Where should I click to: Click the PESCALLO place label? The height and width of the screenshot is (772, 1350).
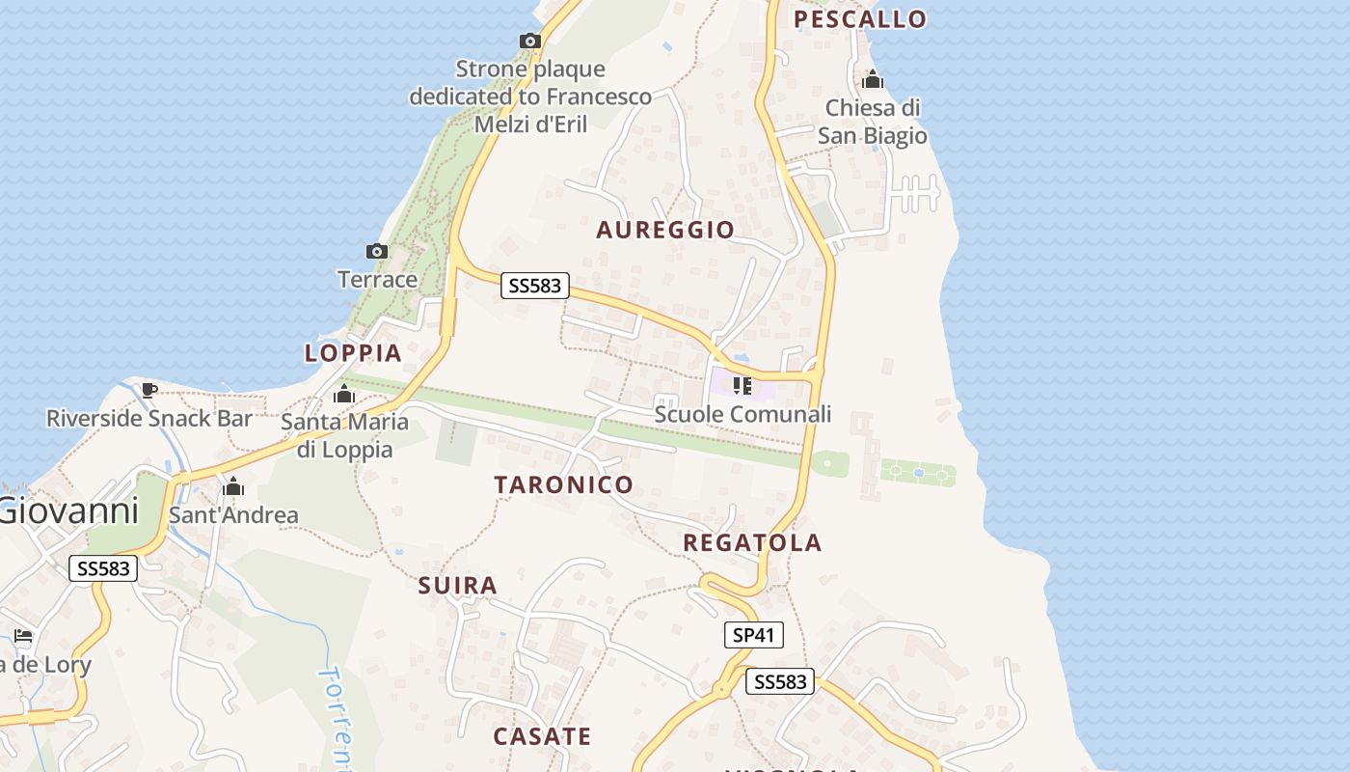point(859,18)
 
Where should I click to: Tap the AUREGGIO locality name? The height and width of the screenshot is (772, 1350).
point(665,230)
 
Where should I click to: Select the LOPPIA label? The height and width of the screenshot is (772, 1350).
point(353,353)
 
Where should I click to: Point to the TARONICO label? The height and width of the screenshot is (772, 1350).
point(564,484)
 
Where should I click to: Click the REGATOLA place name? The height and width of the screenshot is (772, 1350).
point(752,542)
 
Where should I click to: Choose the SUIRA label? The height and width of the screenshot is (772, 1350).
point(458,585)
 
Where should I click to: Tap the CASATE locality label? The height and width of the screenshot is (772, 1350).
point(542,736)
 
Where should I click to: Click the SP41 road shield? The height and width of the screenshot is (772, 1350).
point(754,635)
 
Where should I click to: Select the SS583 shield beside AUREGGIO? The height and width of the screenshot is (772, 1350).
point(535,286)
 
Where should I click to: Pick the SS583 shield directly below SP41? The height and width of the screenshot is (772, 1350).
point(780,682)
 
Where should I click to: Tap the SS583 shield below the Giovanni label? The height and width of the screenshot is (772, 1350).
point(103,568)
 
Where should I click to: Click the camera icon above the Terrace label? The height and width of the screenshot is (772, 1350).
point(377,252)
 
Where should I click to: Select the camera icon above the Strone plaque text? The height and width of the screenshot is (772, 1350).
point(529,41)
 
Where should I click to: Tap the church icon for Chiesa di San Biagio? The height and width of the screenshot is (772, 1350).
point(873,79)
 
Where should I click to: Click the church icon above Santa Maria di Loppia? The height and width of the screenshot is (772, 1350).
point(344,394)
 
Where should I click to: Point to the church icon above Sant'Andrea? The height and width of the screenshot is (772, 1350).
point(232,486)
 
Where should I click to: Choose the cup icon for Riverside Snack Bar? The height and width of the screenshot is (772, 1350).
point(149,390)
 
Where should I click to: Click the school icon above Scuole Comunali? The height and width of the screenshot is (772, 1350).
point(742,386)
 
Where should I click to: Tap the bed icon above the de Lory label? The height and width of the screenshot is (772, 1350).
point(23,636)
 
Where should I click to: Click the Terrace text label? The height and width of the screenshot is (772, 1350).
point(377,280)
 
